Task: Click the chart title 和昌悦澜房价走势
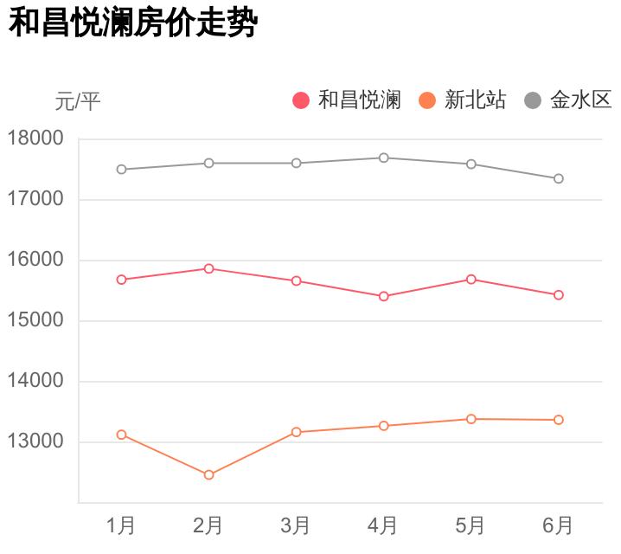[133, 23]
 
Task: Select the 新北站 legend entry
[463, 100]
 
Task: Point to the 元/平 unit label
[78, 102]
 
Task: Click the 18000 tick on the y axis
[35, 138]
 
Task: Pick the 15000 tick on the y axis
[35, 320]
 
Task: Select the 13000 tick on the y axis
[35, 441]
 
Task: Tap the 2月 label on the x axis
[208, 525]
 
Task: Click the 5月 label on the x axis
[471, 525]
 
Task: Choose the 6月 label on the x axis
[558, 525]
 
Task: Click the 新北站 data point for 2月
[208, 474]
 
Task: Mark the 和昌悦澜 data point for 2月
[208, 268]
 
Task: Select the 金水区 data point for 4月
[383, 158]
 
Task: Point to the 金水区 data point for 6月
[558, 178]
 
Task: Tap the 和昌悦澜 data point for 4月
[383, 296]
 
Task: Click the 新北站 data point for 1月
[121, 435]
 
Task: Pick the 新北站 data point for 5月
[471, 419]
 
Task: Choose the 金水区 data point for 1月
[121, 170]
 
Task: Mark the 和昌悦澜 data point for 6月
[558, 295]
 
